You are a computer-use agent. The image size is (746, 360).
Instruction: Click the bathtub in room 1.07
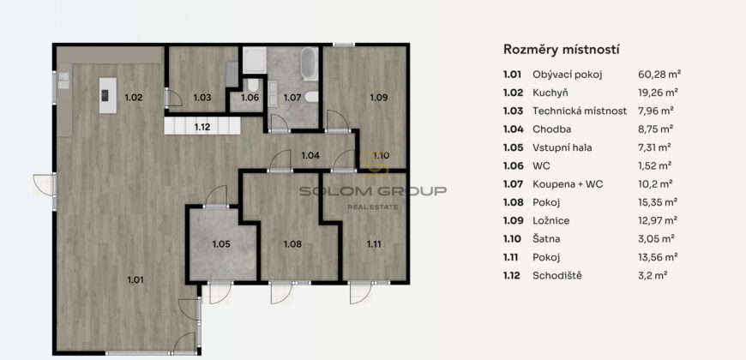(309, 63)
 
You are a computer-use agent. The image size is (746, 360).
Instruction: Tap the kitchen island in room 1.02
(107, 95)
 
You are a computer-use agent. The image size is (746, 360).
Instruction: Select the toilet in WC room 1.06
(253, 85)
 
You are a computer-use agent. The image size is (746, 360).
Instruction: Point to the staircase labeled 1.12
(202, 126)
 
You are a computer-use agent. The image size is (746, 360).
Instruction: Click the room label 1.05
(221, 244)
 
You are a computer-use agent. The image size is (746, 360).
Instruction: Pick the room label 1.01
(135, 279)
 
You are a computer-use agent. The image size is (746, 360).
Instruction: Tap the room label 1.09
(379, 98)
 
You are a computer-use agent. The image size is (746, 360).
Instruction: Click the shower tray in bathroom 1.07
(255, 60)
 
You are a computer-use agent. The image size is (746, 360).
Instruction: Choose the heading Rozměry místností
(562, 50)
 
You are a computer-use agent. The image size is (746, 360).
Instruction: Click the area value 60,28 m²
(659, 75)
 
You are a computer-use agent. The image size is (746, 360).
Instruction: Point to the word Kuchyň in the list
(550, 93)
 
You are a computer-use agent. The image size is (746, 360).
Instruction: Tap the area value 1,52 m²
(654, 165)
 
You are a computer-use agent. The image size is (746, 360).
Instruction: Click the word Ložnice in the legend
(551, 220)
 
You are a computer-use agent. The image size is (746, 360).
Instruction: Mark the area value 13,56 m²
(658, 257)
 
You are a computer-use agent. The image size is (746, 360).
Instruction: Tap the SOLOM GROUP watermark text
(372, 191)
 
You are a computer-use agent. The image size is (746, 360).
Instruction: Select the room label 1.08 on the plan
(292, 244)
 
